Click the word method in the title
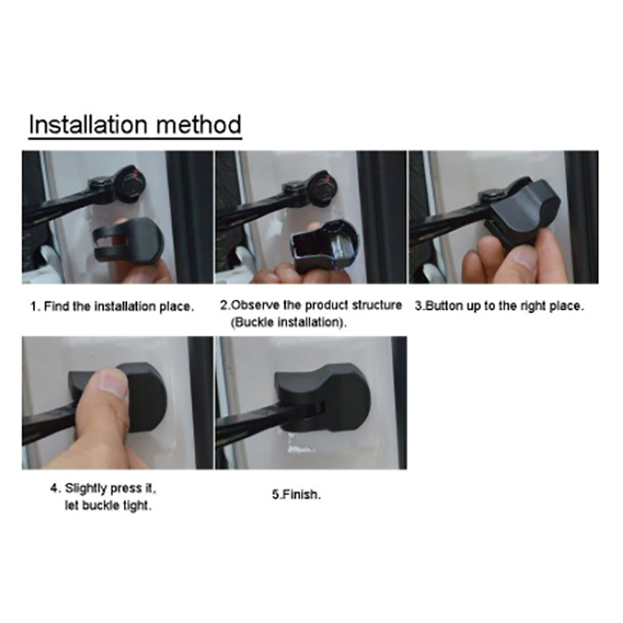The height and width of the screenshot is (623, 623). (x=199, y=125)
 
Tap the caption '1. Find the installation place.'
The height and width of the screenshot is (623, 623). (x=112, y=307)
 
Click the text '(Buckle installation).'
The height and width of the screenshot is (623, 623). (x=288, y=322)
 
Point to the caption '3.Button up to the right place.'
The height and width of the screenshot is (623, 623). (x=499, y=306)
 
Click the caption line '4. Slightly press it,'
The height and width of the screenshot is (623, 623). (x=103, y=488)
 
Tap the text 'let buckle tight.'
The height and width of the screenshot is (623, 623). (x=108, y=505)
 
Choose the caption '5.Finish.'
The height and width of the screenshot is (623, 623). (x=297, y=495)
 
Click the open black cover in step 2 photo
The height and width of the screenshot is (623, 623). (x=323, y=245)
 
